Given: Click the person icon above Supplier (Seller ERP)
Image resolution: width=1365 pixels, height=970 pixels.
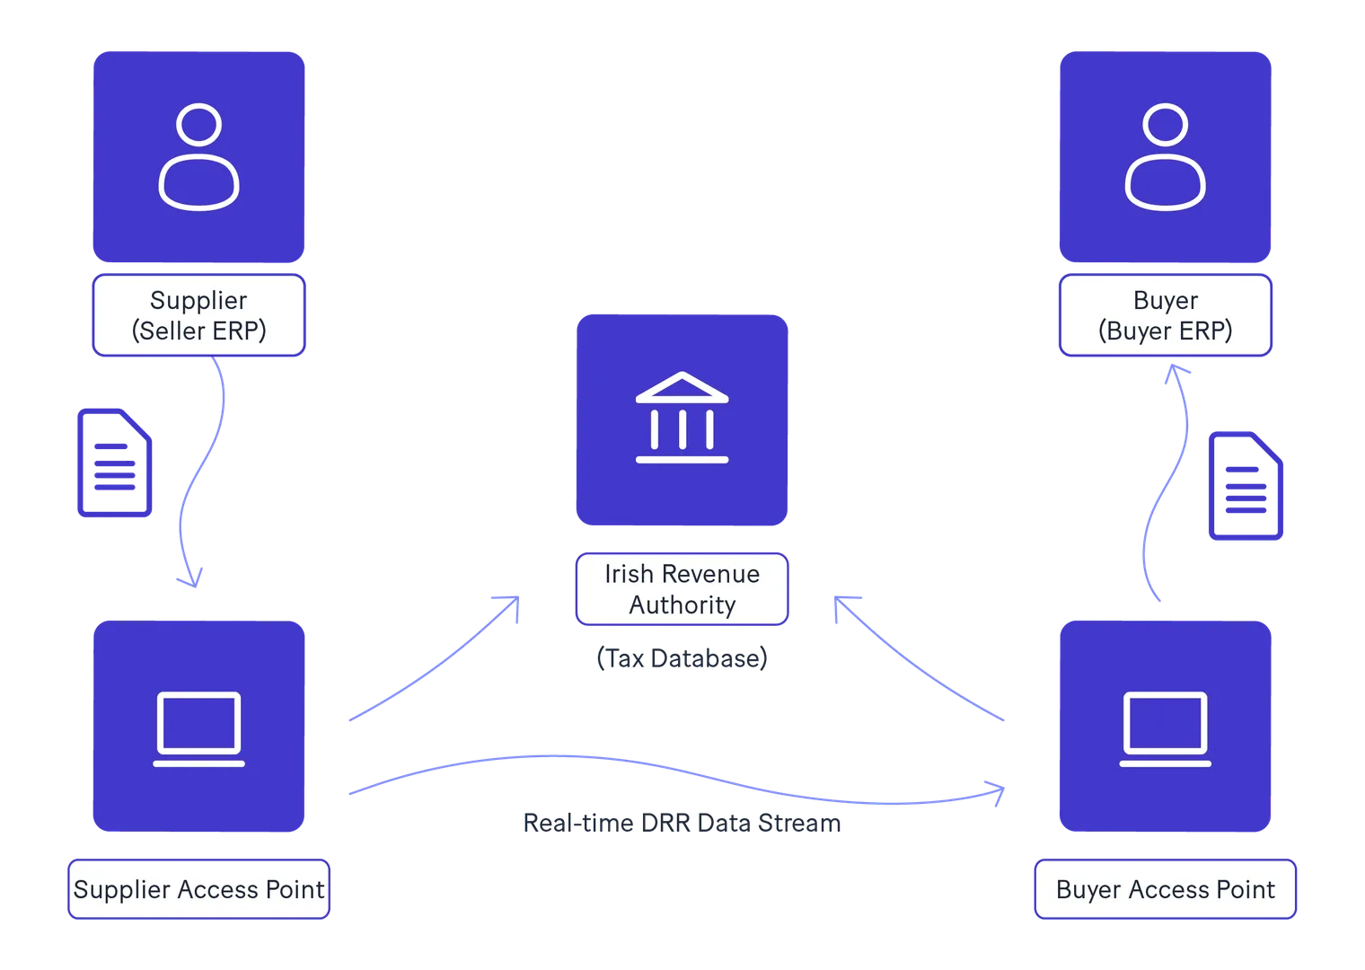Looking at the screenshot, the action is [198, 157].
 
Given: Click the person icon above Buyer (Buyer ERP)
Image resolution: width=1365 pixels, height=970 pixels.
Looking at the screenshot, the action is [1165, 157].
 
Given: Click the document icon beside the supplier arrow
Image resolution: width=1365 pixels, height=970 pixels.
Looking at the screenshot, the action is [115, 463].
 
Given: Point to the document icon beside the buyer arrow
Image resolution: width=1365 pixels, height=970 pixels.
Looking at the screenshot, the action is [1246, 486].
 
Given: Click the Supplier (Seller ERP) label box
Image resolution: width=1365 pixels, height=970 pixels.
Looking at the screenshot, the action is [198, 315].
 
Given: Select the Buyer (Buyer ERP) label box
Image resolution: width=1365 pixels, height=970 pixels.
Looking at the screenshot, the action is [1165, 315].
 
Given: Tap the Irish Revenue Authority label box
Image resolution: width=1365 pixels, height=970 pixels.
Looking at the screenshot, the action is [682, 589].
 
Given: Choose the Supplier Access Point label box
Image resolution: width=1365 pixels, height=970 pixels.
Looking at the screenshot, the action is [198, 889].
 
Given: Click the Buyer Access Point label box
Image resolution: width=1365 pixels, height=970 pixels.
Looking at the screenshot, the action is [1165, 889].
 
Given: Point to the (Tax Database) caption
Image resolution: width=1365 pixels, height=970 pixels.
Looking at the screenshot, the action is [682, 658].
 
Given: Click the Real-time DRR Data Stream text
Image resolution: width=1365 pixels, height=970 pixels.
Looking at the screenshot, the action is [682, 824].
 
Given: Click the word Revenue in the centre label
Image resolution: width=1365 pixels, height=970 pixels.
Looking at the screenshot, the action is [710, 574].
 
